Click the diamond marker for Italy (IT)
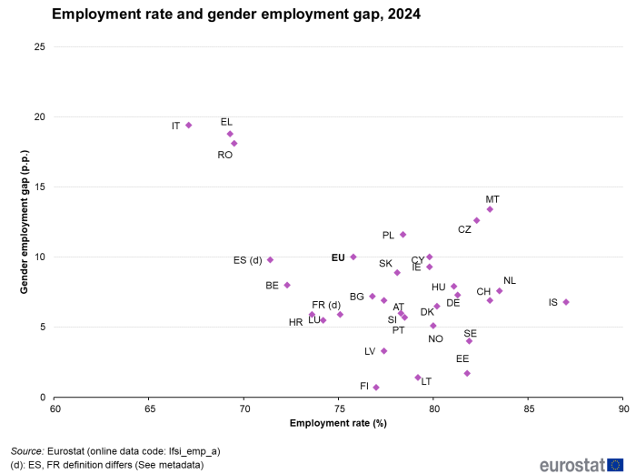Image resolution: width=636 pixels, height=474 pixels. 188,126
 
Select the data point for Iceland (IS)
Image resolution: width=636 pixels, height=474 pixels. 566,302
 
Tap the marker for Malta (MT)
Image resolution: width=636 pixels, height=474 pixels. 490,209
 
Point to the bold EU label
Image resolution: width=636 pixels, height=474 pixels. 338,258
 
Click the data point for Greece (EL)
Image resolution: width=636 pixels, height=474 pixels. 230,134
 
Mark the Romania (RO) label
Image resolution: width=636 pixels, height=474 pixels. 225,156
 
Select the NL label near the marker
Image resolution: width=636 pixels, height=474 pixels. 510,280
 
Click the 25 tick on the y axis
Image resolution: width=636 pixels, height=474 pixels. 38,47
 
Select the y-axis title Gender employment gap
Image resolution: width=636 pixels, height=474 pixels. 25,222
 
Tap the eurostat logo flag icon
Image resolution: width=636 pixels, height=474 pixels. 616,464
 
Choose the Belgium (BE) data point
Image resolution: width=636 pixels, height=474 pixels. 287,285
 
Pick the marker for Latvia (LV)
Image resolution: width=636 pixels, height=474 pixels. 384,351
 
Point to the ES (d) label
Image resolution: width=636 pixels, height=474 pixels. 248,260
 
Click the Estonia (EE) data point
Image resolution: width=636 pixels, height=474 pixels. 467,373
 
